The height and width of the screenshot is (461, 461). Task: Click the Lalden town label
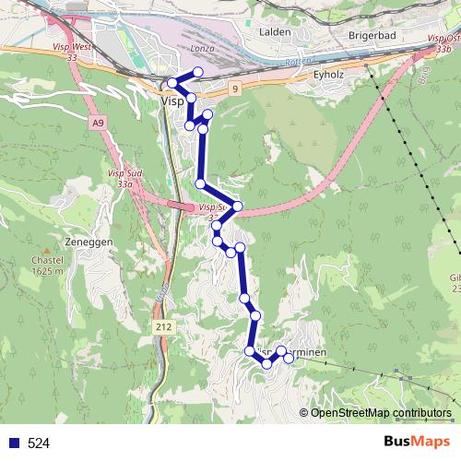(276, 32)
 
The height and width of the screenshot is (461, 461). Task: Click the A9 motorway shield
(98, 122)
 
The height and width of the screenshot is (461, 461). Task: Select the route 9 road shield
(235, 89)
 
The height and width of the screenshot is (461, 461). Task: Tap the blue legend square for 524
(15, 443)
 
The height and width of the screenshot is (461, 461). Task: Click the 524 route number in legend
(39, 443)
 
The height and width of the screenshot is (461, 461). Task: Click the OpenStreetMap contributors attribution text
(380, 413)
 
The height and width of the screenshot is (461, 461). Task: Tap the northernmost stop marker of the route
(196, 73)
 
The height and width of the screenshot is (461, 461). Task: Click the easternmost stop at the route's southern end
(289, 357)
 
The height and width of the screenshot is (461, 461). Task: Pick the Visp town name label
(171, 102)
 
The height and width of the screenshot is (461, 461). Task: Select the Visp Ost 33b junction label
(444, 43)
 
